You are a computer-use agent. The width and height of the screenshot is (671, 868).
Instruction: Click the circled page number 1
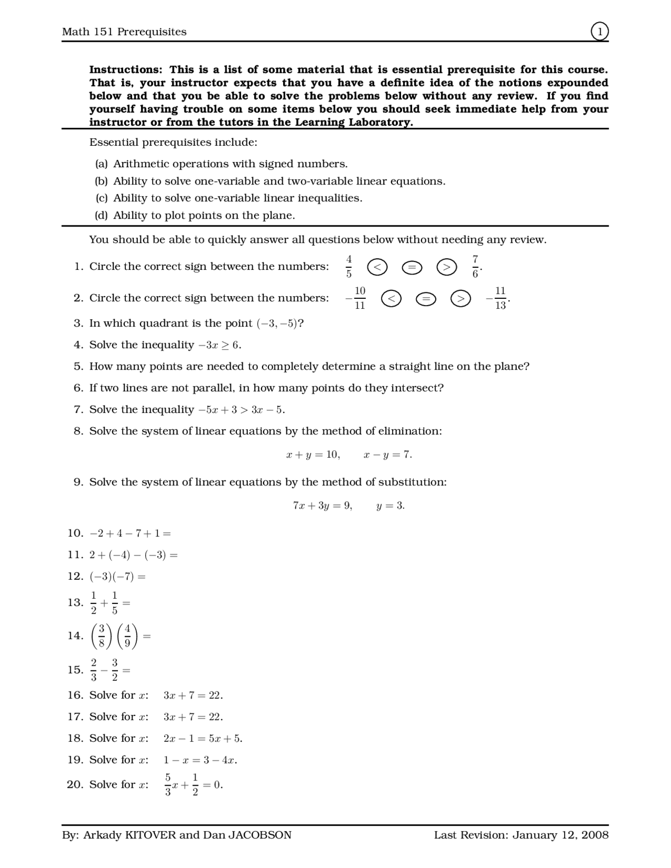(x=600, y=31)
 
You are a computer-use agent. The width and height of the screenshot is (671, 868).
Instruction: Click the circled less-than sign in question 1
(x=377, y=267)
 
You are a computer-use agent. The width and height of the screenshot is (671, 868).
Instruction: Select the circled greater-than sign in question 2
(x=460, y=299)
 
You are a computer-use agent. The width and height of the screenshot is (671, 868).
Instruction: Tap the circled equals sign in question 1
(x=412, y=267)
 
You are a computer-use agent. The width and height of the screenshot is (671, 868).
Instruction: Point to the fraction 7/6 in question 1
(x=475, y=266)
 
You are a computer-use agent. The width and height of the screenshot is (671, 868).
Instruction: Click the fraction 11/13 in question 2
(x=500, y=298)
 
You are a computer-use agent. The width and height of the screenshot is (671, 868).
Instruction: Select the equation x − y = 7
(x=387, y=454)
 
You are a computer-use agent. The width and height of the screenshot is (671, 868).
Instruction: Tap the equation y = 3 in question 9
(x=390, y=506)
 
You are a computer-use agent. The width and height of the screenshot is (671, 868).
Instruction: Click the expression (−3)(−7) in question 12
(x=112, y=577)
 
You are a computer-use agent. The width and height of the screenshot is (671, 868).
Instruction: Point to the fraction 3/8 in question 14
(x=102, y=635)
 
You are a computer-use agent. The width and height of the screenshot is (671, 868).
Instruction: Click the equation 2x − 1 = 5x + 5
(x=202, y=739)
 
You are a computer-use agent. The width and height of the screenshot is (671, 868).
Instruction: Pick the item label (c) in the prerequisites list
(x=101, y=198)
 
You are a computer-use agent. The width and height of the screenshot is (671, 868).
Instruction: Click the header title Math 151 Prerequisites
(x=124, y=32)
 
